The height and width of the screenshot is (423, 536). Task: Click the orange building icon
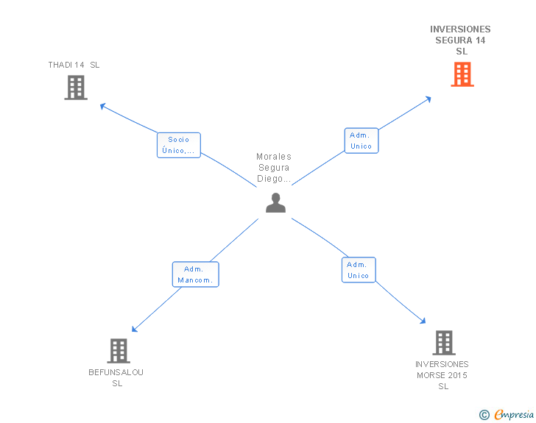pyautogui.click(x=462, y=74)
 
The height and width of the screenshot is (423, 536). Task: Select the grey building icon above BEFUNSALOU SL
pyautogui.click(x=119, y=351)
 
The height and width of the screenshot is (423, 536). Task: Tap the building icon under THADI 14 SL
pyautogui.click(x=76, y=88)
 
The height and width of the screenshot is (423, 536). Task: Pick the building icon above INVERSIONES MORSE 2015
pyautogui.click(x=444, y=343)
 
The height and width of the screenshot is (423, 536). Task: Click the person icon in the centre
pyautogui.click(x=275, y=203)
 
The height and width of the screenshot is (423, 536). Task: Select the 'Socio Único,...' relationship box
pyautogui.click(x=178, y=145)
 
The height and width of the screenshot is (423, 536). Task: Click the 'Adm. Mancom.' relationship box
pyautogui.click(x=195, y=274)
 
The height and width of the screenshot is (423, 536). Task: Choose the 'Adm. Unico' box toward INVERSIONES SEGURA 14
pyautogui.click(x=361, y=141)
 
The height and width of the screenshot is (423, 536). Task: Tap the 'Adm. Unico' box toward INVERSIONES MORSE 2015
pyautogui.click(x=359, y=270)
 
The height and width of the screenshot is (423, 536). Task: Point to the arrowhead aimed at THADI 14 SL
pyautogui.click(x=102, y=106)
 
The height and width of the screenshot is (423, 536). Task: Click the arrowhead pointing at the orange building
pyautogui.click(x=429, y=99)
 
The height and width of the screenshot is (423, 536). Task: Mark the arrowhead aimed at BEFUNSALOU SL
pyautogui.click(x=134, y=330)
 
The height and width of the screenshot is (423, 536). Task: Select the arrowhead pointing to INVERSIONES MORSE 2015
pyautogui.click(x=423, y=321)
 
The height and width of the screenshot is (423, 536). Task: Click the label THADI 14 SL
pyautogui.click(x=74, y=65)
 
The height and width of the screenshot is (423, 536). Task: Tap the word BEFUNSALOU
pyautogui.click(x=116, y=372)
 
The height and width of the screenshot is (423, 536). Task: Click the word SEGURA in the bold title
pyautogui.click(x=454, y=40)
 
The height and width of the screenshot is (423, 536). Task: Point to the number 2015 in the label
pyautogui.click(x=457, y=375)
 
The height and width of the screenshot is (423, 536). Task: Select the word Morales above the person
pyautogui.click(x=274, y=157)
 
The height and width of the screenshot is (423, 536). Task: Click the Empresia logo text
pyautogui.click(x=514, y=414)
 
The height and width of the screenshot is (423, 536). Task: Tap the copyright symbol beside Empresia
pyautogui.click(x=484, y=415)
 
